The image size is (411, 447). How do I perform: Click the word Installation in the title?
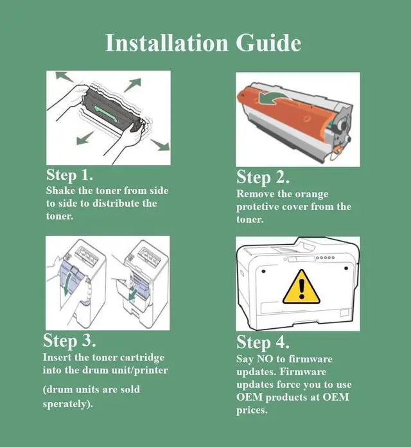pyautogui.click(x=167, y=43)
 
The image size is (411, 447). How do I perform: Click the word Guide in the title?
pyautogui.click(x=268, y=43)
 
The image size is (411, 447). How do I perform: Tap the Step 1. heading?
pyautogui.click(x=69, y=175)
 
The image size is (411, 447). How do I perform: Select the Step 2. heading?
pyautogui.click(x=263, y=177)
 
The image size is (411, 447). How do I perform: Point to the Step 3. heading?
pyautogui.click(x=69, y=340)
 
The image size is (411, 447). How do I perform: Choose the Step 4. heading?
pyautogui.click(x=263, y=342)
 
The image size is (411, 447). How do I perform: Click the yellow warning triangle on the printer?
pyautogui.click(x=301, y=287)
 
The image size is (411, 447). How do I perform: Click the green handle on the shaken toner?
pyautogui.click(x=105, y=112)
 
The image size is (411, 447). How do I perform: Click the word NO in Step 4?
pyautogui.click(x=265, y=358)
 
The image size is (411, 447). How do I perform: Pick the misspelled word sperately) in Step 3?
pyautogui.click(x=68, y=404)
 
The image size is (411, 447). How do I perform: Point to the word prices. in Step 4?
pyautogui.click(x=252, y=410)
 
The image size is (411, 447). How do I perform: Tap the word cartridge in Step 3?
pyautogui.click(x=142, y=358)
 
